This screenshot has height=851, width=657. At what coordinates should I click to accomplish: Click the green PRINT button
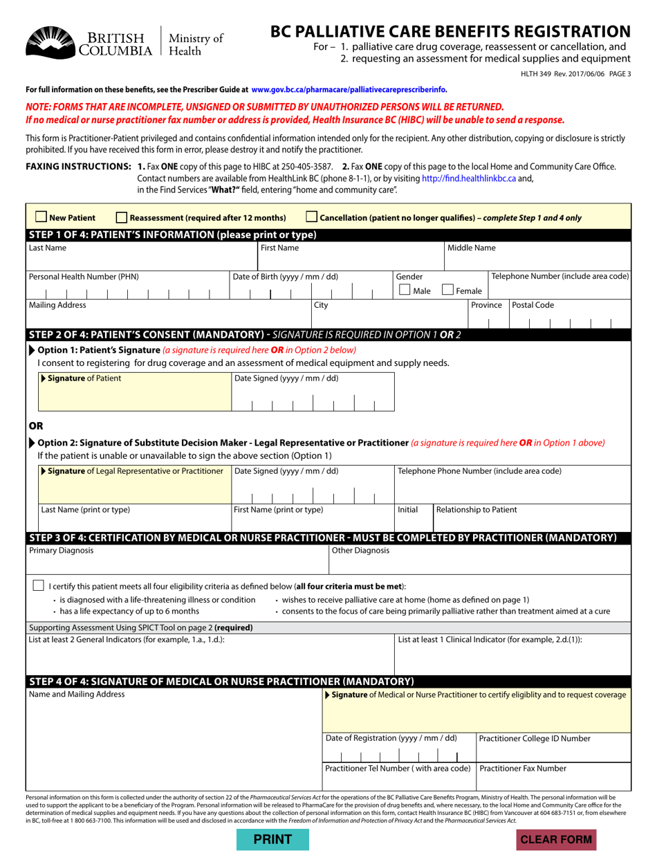tap(272, 839)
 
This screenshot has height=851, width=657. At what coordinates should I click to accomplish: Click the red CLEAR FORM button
tap(556, 839)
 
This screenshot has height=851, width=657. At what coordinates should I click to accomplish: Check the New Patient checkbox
tap(41, 217)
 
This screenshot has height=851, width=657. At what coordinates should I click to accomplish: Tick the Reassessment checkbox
tap(122, 217)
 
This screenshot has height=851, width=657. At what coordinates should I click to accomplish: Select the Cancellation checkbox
tap(311, 217)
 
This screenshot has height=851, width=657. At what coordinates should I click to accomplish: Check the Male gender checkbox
tap(405, 291)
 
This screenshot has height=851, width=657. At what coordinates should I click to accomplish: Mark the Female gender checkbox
tap(447, 291)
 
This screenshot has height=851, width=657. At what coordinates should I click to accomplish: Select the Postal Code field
tap(570, 320)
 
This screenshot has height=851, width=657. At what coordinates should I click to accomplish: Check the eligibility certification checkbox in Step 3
tap(39, 585)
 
